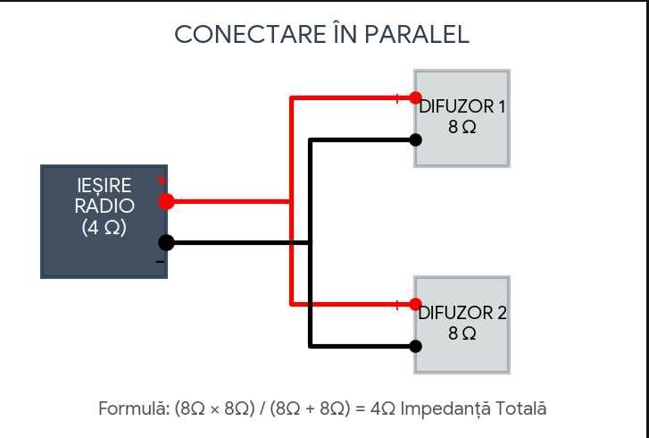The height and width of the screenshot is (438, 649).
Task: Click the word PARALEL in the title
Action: click(x=416, y=34)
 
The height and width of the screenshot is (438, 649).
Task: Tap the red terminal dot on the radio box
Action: click(x=166, y=201)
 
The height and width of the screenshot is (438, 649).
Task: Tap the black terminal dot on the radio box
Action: click(x=166, y=242)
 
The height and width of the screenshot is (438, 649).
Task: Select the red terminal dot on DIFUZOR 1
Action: click(x=416, y=97)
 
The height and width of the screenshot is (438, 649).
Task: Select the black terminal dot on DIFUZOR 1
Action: click(x=416, y=140)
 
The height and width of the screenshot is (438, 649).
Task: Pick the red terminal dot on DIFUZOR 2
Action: click(x=416, y=304)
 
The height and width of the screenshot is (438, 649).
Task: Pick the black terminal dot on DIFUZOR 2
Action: click(x=416, y=347)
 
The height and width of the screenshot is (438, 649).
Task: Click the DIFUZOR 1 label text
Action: click(x=462, y=107)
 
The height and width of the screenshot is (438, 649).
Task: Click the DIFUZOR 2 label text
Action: click(x=462, y=313)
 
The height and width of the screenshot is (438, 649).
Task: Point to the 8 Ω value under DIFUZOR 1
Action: click(x=462, y=127)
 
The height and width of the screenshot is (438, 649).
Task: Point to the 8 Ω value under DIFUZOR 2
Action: click(x=462, y=333)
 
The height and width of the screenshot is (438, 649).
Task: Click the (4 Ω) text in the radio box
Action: click(x=104, y=227)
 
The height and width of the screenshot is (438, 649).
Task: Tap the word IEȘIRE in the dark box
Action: click(x=104, y=186)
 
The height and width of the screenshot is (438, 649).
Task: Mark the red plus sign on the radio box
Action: click(x=162, y=181)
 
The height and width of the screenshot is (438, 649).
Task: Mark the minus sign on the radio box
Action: click(x=160, y=262)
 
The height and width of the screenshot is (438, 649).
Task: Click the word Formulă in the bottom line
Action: click(x=134, y=409)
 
